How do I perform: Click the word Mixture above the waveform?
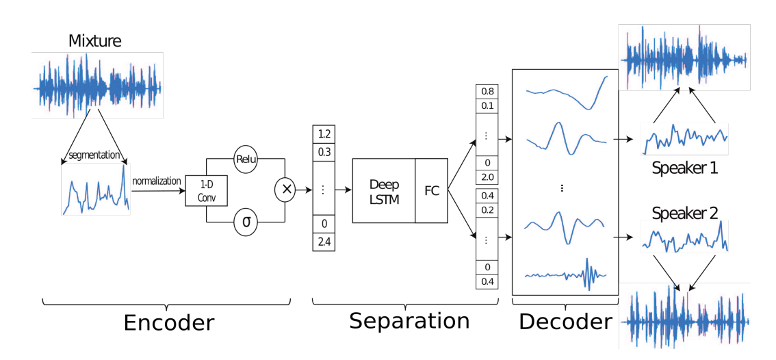coord(95,40)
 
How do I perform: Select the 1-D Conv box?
coord(207,191)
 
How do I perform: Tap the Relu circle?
coord(246,159)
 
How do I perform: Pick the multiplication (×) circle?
coord(285,189)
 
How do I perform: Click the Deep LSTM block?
coord(383,191)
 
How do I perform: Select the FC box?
coord(431,191)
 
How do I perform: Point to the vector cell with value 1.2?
coord(324,134)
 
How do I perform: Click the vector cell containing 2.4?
coord(324,242)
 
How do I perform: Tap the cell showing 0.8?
coord(487,92)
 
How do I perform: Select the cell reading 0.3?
coord(324,151)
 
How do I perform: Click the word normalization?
coord(157,181)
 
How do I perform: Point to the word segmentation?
coord(94,155)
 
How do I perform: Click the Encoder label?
coord(168,323)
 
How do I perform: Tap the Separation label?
coord(409,320)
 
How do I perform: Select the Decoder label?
coord(566,322)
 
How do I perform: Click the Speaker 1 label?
coord(684,168)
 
